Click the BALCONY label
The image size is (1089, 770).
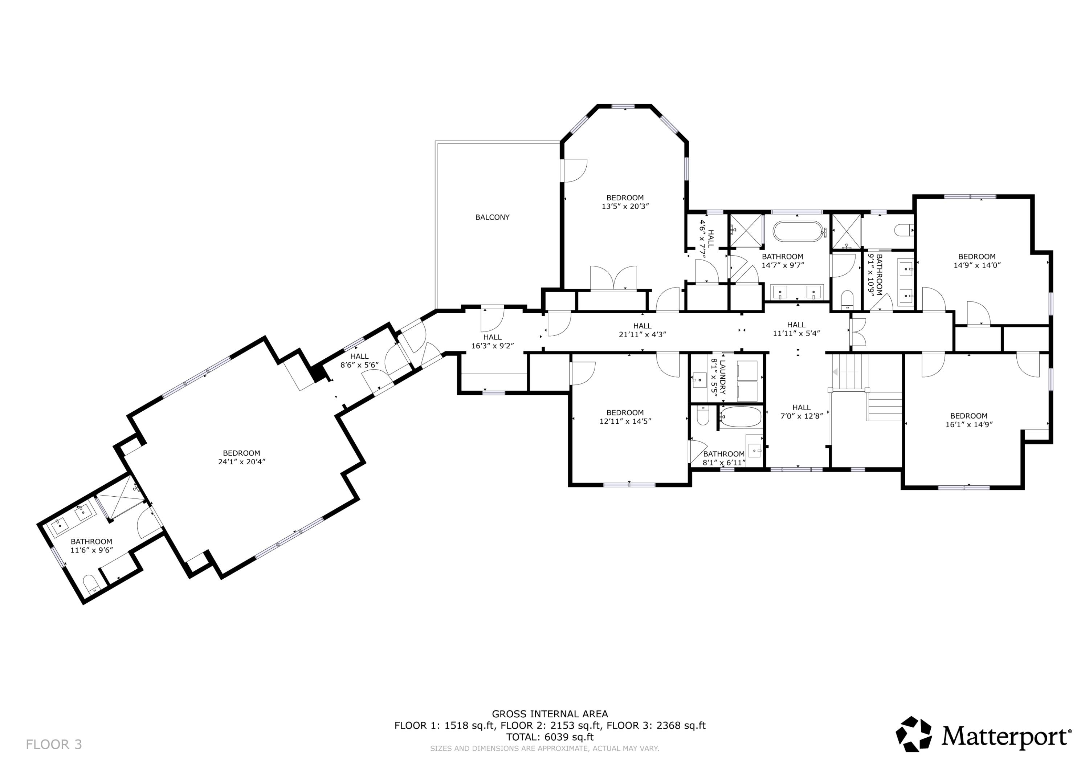point(492,217)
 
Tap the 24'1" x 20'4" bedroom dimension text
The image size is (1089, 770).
point(241,462)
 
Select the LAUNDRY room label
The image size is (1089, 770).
point(722,377)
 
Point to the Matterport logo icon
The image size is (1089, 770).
point(913,734)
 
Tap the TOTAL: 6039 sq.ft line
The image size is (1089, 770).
point(550,737)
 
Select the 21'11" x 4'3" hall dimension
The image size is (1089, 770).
point(642,334)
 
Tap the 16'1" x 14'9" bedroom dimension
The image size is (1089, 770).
point(968,425)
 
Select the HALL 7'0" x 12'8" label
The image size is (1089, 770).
point(802,412)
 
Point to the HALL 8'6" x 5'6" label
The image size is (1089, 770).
point(359,360)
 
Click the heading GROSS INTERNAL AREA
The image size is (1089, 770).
point(550,714)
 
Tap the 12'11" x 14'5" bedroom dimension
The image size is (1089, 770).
point(625,421)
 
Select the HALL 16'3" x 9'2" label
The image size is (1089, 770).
point(492,342)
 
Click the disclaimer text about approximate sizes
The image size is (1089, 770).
point(544,749)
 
